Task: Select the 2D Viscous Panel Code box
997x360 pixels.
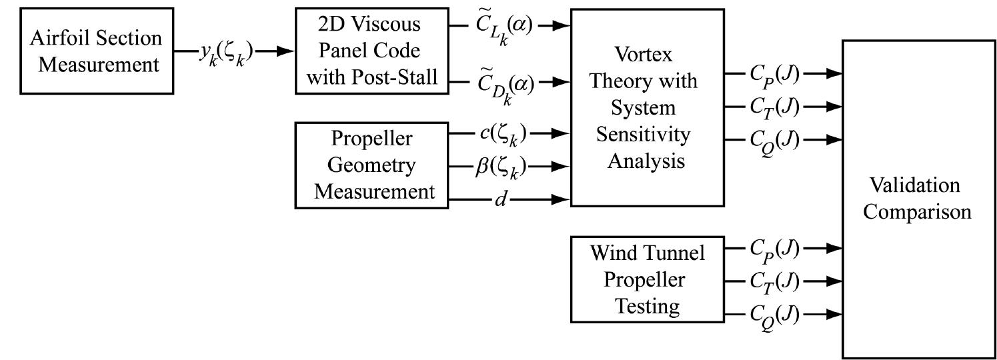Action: coord(368,51)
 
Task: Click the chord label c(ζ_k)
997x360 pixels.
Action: coord(504,135)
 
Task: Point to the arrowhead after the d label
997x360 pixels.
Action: coord(562,199)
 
